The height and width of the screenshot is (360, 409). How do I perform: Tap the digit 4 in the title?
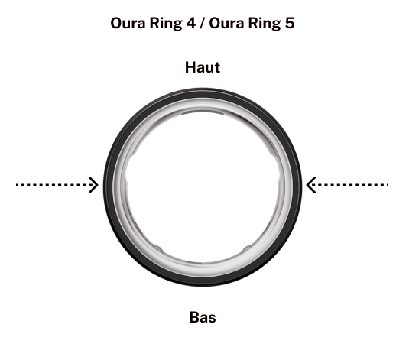tap(190, 23)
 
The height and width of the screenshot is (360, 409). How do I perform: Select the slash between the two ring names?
tap(202, 23)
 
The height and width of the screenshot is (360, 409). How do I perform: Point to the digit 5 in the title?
tap(290, 23)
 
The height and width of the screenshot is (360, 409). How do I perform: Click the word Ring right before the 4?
tap(165, 24)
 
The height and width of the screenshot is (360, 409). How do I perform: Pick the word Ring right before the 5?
tap(265, 24)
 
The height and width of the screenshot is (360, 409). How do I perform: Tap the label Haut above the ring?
tap(203, 67)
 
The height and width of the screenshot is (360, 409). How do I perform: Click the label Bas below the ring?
tap(203, 317)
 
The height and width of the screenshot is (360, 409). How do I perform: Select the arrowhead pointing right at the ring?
tap(94, 185)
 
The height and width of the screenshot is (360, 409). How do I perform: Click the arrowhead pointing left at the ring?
tap(310, 185)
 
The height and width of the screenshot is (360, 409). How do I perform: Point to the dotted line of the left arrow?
tap(54, 185)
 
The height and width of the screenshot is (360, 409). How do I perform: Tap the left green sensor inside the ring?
tap(158, 248)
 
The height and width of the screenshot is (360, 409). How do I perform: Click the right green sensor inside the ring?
tap(247, 248)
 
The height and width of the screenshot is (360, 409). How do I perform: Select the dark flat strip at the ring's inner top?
tap(203, 112)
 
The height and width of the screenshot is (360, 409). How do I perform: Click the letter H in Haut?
tap(190, 67)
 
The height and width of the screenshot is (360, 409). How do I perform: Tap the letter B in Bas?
tap(195, 317)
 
